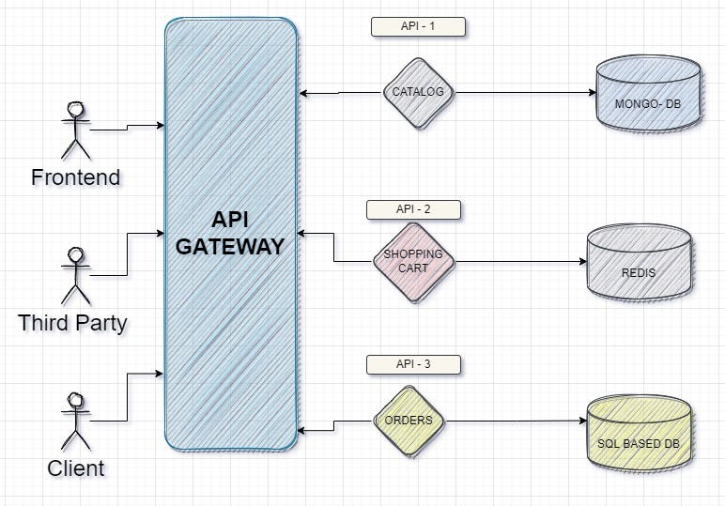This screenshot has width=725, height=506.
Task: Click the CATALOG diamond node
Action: [418, 93]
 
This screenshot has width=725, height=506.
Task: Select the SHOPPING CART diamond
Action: [413, 260]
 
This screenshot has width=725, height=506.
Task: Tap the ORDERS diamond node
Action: [409, 421]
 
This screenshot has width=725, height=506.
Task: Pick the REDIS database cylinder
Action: [639, 266]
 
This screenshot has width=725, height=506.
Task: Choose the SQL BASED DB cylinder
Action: [639, 434]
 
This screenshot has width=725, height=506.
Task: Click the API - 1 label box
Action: [418, 26]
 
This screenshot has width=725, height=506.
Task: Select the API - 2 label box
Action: [413, 208]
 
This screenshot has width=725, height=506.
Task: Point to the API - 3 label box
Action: [413, 363]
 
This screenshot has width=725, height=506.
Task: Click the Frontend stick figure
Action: [75, 130]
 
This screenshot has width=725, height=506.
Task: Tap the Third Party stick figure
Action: [77, 273]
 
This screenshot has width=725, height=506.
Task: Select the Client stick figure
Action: [75, 420]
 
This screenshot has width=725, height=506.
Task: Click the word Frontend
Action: [75, 176]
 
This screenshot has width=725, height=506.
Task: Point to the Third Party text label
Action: [72, 324]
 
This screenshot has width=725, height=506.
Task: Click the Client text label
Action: [75, 468]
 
